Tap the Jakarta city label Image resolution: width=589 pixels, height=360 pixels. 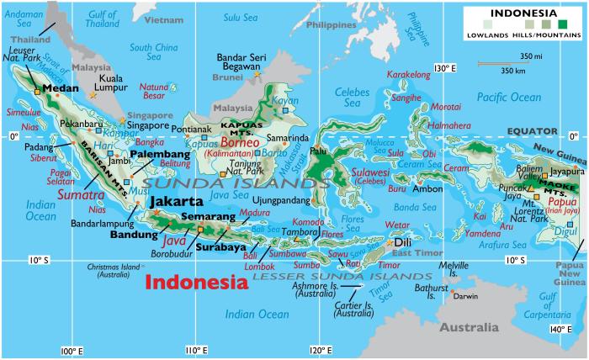click(x=176, y=202)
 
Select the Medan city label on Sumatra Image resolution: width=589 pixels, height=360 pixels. click(x=60, y=88)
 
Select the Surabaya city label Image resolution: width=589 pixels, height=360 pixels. click(x=221, y=247)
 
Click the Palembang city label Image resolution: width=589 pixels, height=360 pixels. click(x=158, y=155)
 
